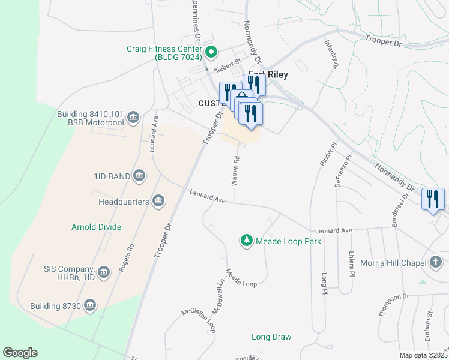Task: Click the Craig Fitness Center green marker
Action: tap(210, 52)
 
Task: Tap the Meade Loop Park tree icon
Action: tap(246, 241)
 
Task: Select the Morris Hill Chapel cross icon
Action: tap(436, 262)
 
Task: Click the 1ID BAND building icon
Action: tap(139, 176)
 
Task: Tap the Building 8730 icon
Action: tap(90, 306)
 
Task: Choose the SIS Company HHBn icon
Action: tap(104, 273)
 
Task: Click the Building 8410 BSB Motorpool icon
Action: tap(133, 116)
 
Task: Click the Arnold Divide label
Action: tap(97, 227)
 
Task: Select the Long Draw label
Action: tap(271, 337)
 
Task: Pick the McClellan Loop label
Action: tap(199, 322)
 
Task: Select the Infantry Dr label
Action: tap(331, 53)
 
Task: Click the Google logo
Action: tap(20, 353)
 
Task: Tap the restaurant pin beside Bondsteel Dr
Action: tap(433, 199)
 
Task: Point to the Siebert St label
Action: tap(228, 62)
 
